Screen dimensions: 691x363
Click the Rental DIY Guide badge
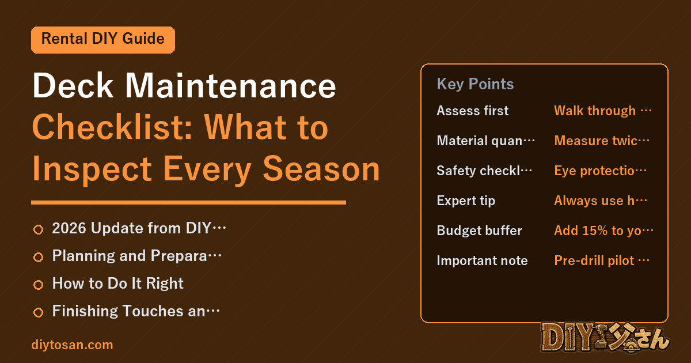[103, 40]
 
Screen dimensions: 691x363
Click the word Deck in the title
[73, 85]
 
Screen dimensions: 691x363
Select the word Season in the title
[321, 169]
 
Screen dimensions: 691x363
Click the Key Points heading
[475, 84]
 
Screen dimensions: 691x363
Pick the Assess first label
[473, 111]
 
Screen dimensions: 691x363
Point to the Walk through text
[595, 111]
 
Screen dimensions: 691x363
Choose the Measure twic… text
[602, 141]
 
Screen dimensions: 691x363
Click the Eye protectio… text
[600, 171]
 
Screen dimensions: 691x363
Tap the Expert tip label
[466, 201]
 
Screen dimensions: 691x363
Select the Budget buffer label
[479, 230]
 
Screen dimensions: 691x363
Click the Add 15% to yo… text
[603, 230]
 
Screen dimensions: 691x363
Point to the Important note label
[482, 260]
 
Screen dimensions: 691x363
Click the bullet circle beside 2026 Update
[38, 229]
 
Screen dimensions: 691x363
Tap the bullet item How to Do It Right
[118, 283]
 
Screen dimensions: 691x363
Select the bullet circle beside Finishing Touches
[38, 312]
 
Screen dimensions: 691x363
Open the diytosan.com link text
[72, 345]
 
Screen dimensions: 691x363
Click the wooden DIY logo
[605, 338]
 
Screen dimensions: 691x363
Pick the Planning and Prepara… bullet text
[136, 256]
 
